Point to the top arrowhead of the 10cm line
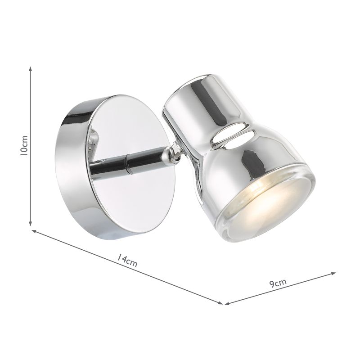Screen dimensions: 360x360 point(31,69)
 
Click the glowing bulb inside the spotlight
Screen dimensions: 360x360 point(259,187)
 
